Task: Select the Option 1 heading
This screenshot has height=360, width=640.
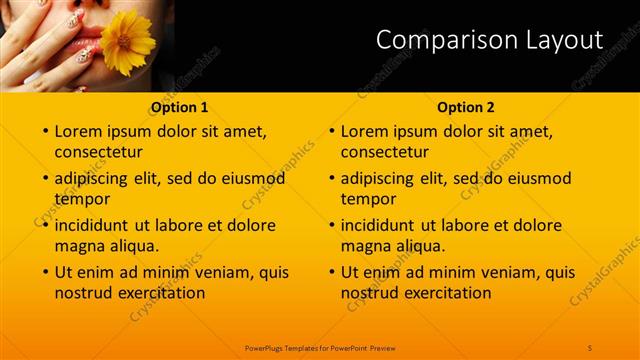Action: [x=180, y=107]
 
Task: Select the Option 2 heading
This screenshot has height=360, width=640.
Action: [x=466, y=107]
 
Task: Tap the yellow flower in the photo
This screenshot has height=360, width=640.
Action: [x=127, y=43]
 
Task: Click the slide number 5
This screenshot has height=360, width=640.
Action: [x=590, y=347]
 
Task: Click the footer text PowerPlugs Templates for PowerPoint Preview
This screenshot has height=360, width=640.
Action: [x=320, y=347]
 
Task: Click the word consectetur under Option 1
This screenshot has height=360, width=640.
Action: [x=98, y=153]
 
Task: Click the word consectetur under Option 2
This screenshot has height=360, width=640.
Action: [x=384, y=153]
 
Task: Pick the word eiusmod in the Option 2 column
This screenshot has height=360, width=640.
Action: [x=540, y=179]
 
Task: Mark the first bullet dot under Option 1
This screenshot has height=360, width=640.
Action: [x=44, y=131]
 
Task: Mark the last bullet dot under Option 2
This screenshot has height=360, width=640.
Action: [x=331, y=272]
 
